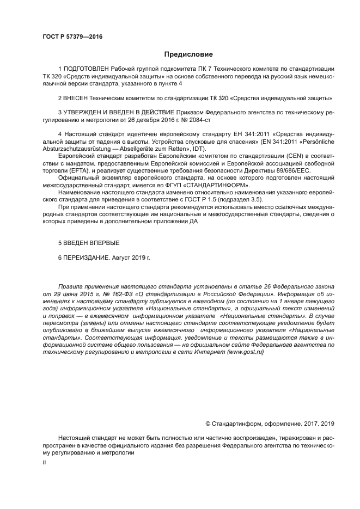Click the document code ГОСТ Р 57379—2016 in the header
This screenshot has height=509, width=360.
[72, 37]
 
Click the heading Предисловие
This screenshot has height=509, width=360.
[188, 54]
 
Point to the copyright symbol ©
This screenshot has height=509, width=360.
[208, 423]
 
